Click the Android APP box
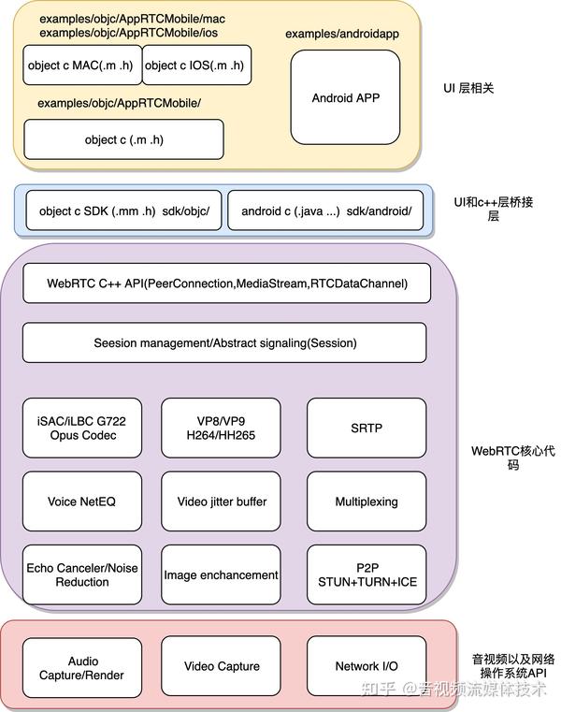345,97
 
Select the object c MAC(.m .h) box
82,65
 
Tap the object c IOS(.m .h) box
197,65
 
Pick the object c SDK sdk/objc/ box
124,211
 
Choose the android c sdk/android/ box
325,211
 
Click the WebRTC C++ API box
226,283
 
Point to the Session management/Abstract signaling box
224,342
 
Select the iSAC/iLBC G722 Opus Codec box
82,428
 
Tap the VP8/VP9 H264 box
221,428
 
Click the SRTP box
367,428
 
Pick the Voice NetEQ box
82,501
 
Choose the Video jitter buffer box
221,501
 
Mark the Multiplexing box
367,501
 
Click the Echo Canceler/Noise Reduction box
82,574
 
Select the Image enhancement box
221,574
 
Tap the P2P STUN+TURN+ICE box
367,574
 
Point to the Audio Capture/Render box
82,667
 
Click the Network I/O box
367,665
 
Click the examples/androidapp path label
342,34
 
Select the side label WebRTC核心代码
513,458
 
